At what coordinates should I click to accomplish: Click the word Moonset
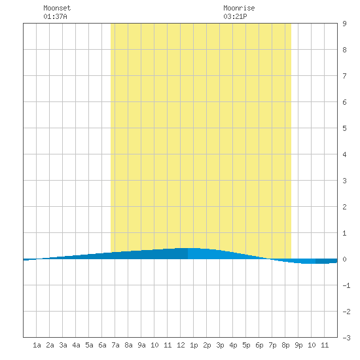(x=57, y=8)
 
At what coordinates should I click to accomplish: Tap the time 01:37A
(x=55, y=16)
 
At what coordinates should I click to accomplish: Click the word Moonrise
(x=239, y=8)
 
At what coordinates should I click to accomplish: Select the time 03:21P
(x=235, y=16)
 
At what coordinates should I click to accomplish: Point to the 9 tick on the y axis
(x=344, y=24)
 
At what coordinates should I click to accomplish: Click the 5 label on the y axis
(x=344, y=128)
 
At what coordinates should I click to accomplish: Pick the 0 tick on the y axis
(x=344, y=259)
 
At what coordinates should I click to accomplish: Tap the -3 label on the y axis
(x=346, y=338)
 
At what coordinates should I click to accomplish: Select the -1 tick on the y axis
(x=346, y=285)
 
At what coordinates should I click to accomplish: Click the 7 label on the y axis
(x=344, y=76)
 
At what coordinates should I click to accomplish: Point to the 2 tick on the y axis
(x=344, y=207)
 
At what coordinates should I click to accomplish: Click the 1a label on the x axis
(x=37, y=345)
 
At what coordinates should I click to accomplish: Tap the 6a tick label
(x=102, y=345)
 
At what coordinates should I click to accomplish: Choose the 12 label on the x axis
(x=181, y=345)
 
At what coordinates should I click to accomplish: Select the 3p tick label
(x=220, y=345)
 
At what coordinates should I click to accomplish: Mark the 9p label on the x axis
(x=298, y=345)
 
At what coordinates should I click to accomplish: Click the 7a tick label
(x=115, y=345)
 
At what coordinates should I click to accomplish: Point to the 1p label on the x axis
(x=194, y=345)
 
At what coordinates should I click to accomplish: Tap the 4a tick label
(x=76, y=345)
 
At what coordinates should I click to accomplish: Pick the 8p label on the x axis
(x=285, y=345)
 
